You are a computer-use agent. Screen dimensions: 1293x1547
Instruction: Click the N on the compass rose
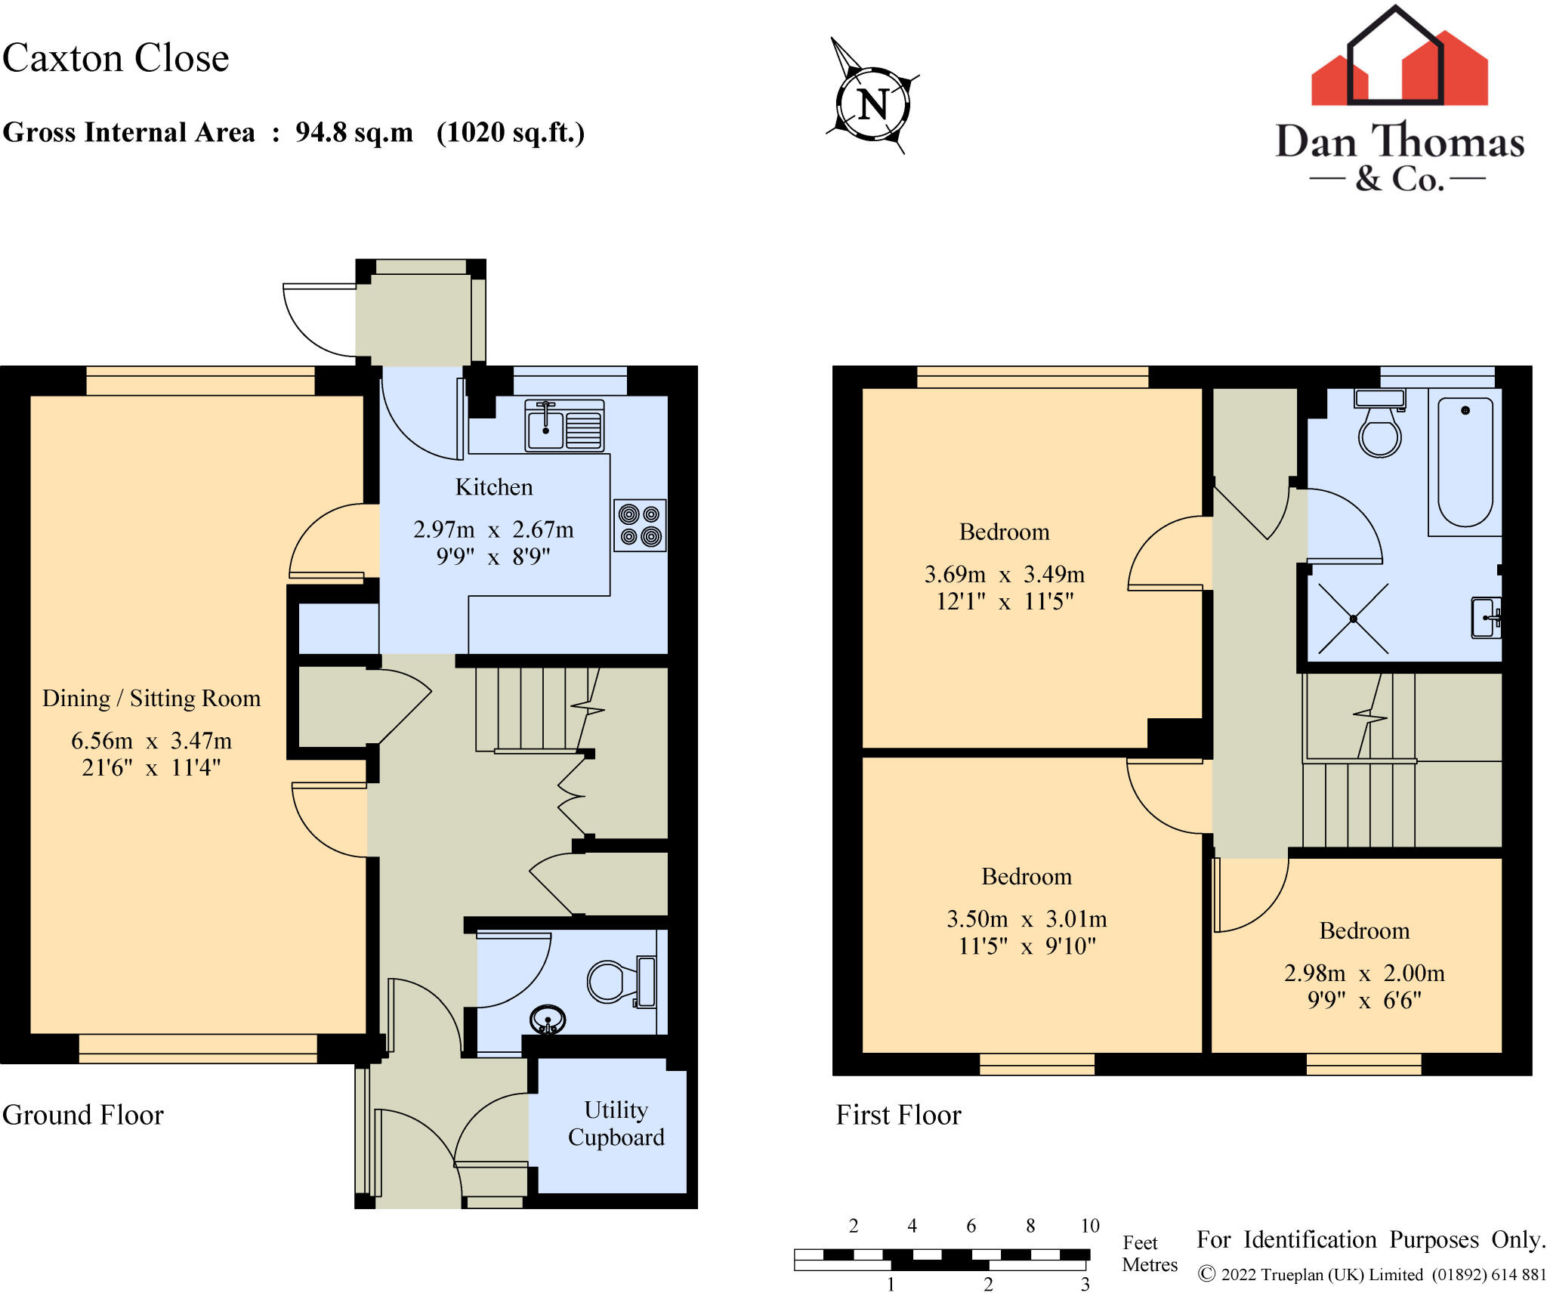[872, 104]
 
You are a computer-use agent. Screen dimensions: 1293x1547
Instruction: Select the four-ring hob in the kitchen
[640, 526]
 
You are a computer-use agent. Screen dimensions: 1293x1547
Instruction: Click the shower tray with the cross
[1353, 619]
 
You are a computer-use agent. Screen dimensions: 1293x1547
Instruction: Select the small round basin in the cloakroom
[548, 1020]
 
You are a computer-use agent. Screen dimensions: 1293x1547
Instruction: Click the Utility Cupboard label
[616, 1123]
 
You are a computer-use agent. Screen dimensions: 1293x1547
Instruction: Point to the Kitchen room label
[493, 487]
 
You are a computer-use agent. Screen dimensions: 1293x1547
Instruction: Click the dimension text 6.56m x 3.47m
[151, 741]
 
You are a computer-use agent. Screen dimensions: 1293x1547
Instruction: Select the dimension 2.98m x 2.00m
[1364, 973]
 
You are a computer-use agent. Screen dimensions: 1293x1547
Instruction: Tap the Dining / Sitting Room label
[151, 699]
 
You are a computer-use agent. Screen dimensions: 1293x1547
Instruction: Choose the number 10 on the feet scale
[1089, 1226]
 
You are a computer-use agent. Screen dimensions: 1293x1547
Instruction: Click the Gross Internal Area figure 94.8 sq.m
[354, 133]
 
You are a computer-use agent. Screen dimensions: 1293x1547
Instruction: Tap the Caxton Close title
[115, 58]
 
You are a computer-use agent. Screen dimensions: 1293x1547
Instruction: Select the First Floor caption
[898, 1115]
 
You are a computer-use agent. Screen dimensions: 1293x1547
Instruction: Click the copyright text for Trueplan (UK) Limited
[1371, 1275]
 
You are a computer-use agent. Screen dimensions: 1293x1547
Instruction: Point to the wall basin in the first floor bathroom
[1486, 618]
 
